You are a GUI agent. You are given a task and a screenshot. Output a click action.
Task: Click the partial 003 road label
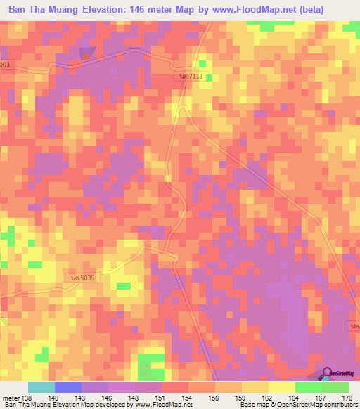[x=4, y=64]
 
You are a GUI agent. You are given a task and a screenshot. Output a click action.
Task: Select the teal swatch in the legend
[x=41, y=387]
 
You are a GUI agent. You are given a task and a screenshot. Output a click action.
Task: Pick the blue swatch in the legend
[x=68, y=387]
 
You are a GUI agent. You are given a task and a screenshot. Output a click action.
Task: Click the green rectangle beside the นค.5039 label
[x=123, y=285]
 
